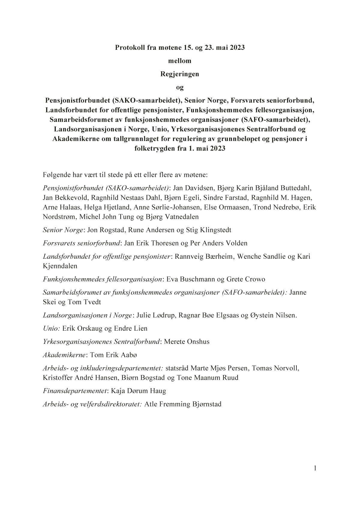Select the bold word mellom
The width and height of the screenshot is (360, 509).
(x=180, y=61)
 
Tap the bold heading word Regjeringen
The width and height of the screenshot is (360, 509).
(x=180, y=74)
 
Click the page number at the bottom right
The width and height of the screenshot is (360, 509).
(x=315, y=468)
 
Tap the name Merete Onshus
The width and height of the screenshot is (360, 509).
(x=187, y=342)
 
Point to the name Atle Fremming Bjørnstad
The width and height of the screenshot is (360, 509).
(x=183, y=404)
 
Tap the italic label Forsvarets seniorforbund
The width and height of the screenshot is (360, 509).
(x=82, y=243)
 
